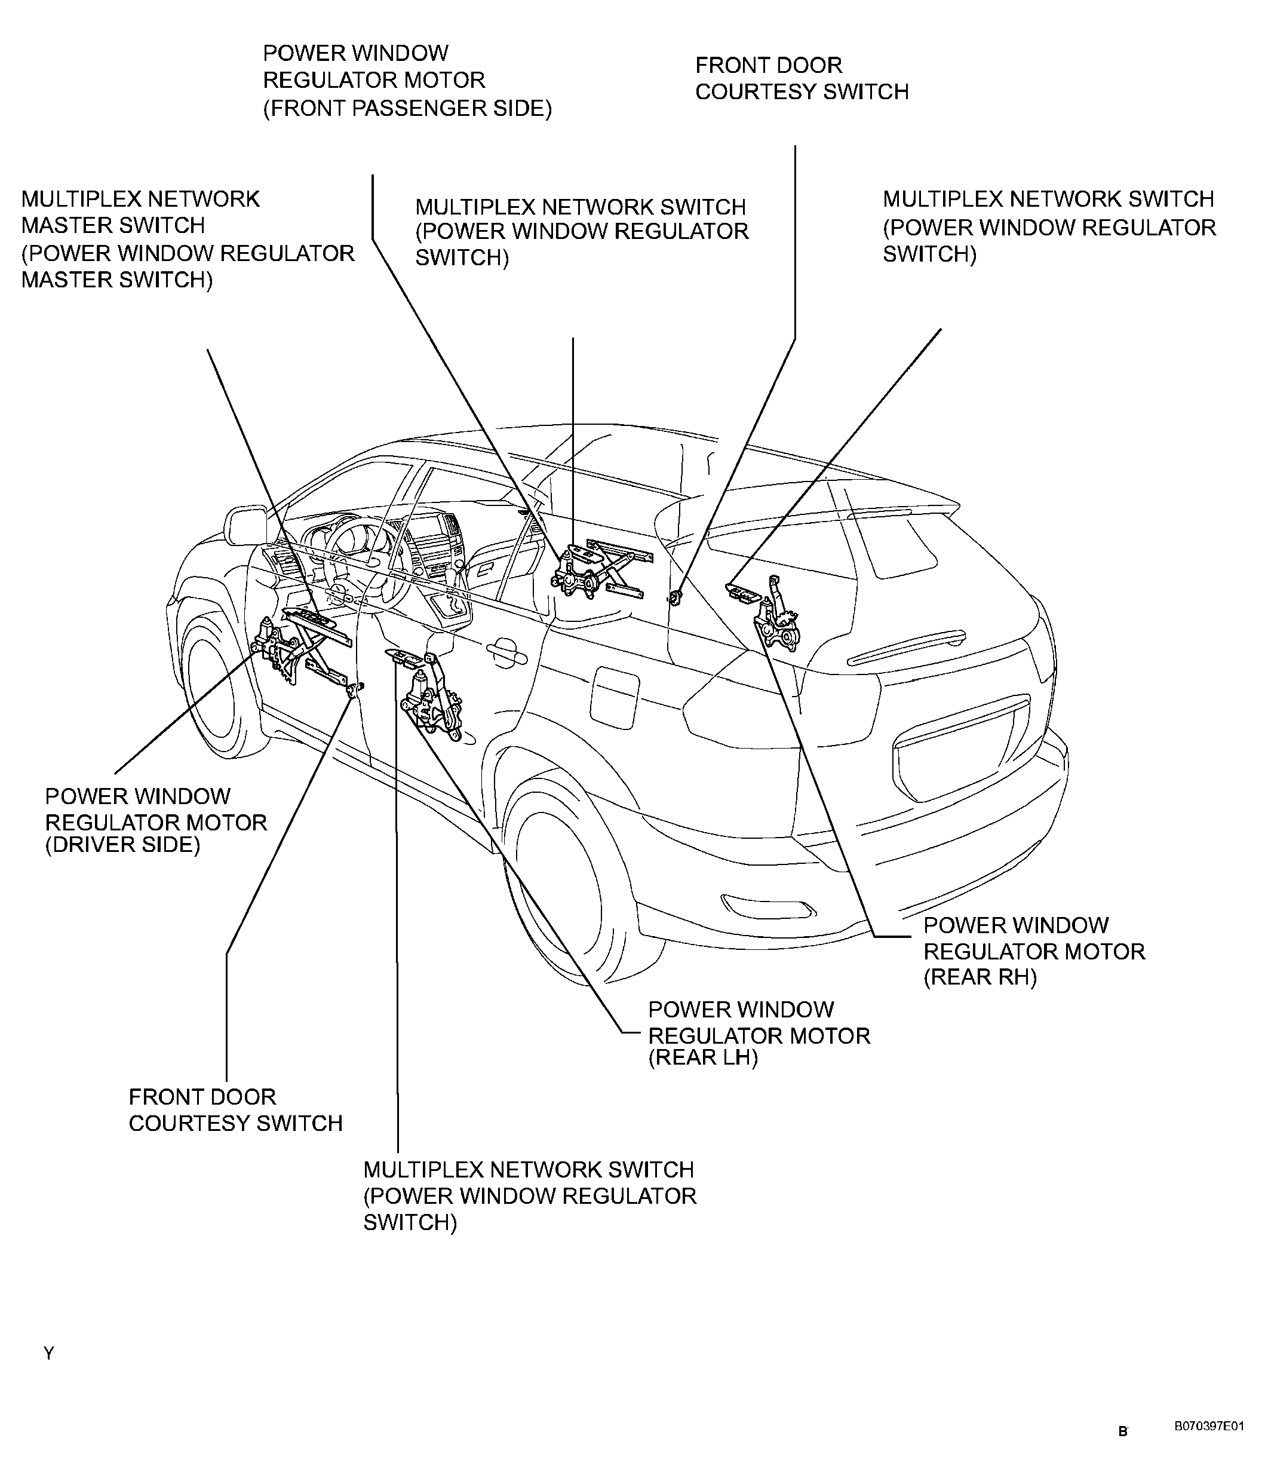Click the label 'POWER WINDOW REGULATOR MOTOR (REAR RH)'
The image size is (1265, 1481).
point(1033,950)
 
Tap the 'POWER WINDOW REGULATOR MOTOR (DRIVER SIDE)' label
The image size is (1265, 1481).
point(156,821)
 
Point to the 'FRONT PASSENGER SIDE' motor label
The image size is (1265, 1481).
point(407,80)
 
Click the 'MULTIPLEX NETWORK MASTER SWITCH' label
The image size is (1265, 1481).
point(188,239)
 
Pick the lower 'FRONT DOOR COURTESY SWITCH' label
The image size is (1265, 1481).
point(235,1110)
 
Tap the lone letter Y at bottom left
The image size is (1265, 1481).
point(48,1354)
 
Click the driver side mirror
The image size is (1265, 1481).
point(244,527)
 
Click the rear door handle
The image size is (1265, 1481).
point(505,650)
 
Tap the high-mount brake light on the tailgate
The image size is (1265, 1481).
point(906,646)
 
